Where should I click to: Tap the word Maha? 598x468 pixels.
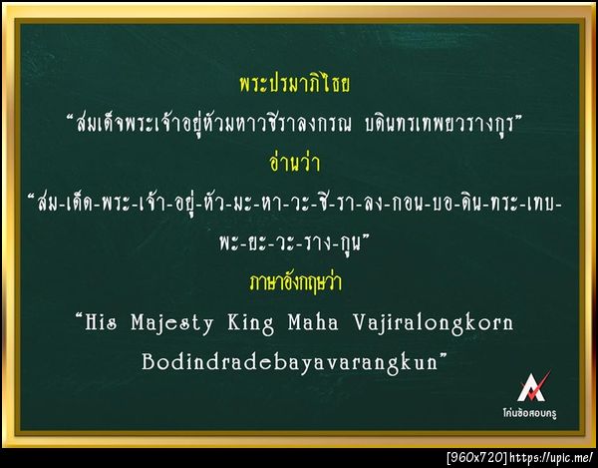pos(339,323)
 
